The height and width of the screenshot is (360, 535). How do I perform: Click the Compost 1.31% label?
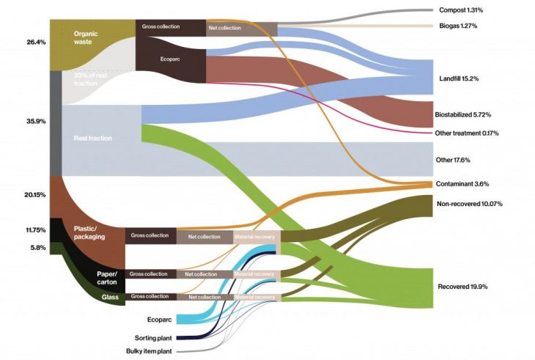[x=465, y=10]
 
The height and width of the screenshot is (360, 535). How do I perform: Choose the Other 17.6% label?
[x=452, y=160]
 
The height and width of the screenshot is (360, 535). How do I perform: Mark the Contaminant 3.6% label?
[x=462, y=183]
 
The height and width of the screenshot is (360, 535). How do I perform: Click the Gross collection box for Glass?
[x=150, y=297]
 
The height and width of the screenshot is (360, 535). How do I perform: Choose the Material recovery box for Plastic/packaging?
[x=254, y=236]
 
